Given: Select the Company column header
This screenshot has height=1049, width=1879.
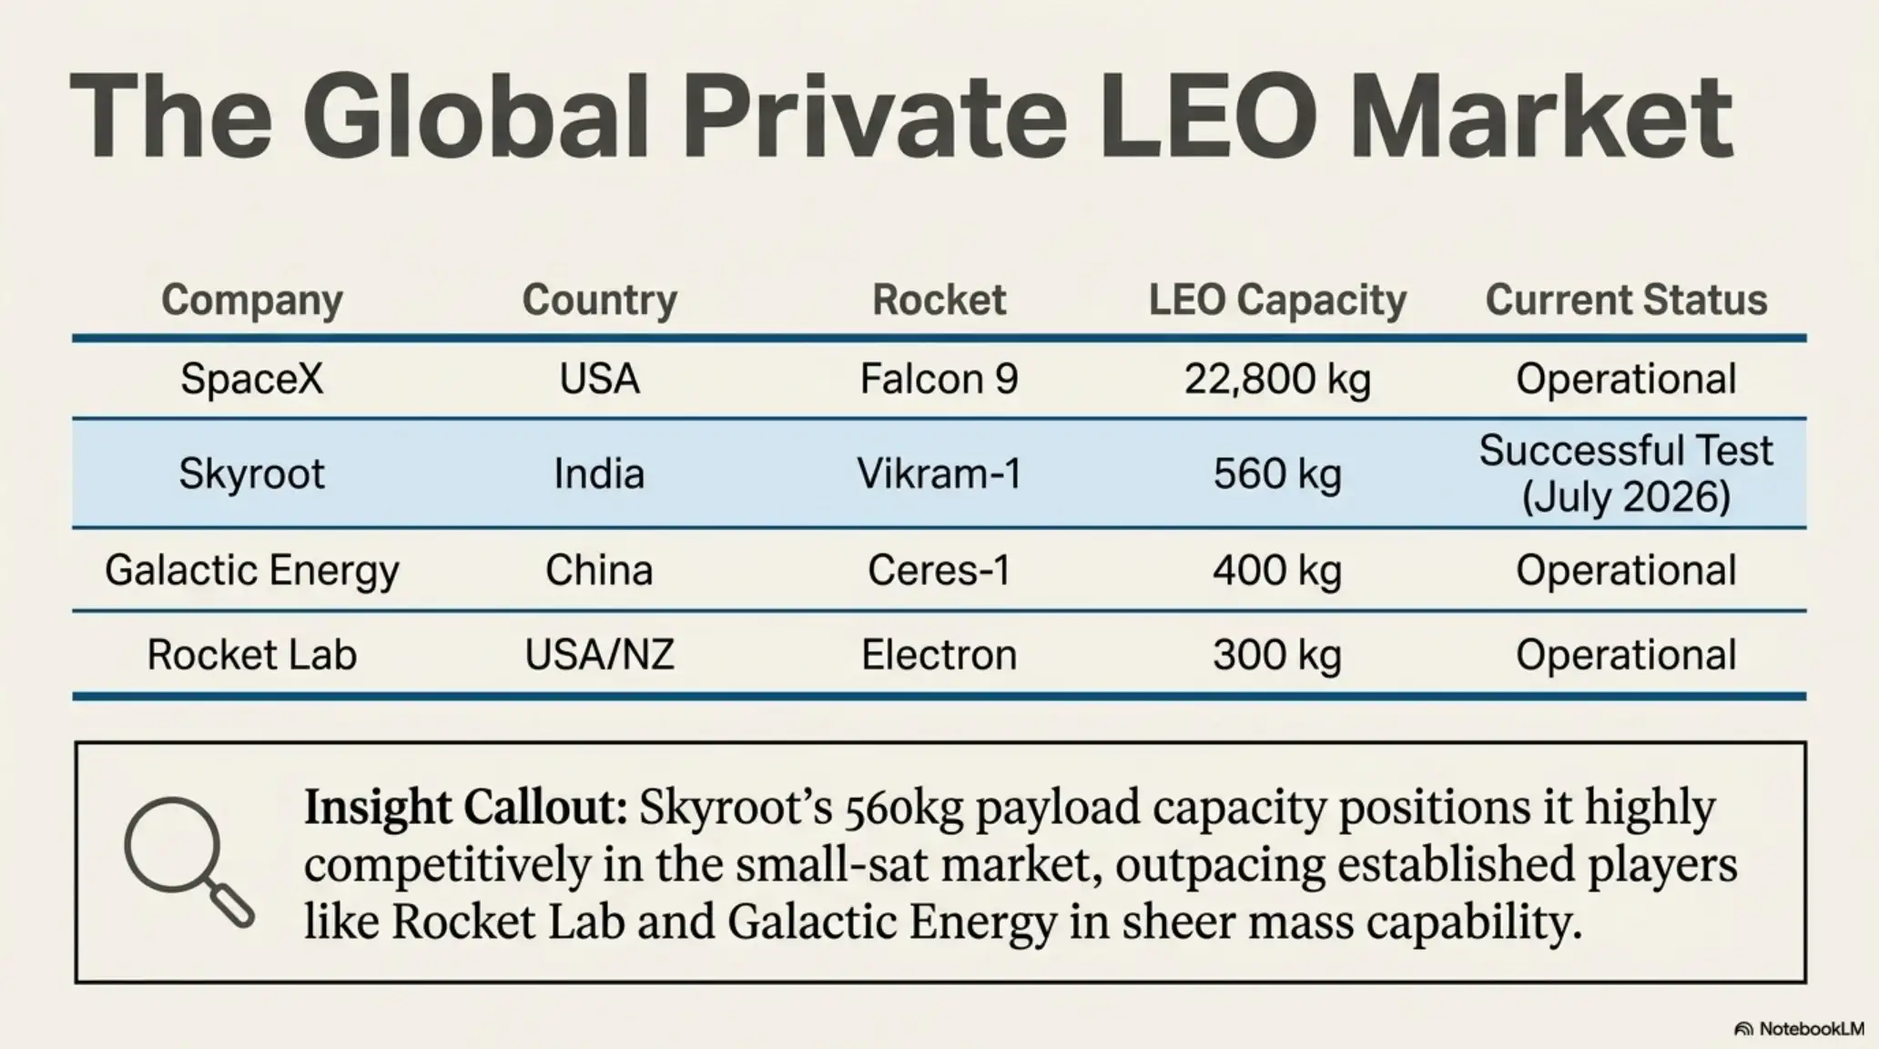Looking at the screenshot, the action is click(252, 300).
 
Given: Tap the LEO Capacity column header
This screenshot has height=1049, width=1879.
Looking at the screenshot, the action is click(1277, 300).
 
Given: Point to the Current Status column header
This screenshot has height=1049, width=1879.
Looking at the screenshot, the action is click(1626, 300).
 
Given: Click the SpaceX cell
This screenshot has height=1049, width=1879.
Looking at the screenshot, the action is click(252, 378).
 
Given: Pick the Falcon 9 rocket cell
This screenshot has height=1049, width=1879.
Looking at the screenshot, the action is click(939, 378).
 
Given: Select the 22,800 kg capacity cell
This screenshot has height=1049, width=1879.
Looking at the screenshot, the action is click(1277, 380).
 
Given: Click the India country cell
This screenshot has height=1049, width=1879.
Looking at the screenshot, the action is click(599, 474).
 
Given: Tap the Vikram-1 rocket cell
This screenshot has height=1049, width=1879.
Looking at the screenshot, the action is click(939, 474).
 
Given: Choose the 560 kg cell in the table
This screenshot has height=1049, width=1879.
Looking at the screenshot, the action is click(1277, 474).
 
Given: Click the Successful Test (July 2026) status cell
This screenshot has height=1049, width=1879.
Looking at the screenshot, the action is click(1626, 474).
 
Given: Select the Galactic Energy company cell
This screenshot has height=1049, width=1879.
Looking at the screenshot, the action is click(252, 571).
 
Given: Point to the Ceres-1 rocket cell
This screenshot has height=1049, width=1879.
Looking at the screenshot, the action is click(939, 570).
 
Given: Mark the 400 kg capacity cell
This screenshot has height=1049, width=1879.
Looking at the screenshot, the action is click(1277, 571).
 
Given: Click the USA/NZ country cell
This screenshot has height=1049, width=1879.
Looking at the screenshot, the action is click(599, 655).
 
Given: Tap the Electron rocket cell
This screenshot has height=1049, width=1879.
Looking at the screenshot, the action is click(939, 655).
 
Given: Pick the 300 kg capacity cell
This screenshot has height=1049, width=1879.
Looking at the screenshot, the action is click(1277, 656).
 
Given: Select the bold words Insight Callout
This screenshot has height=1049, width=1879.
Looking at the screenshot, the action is click(465, 808).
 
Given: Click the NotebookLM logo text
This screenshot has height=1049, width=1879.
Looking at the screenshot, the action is click(1799, 1029).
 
